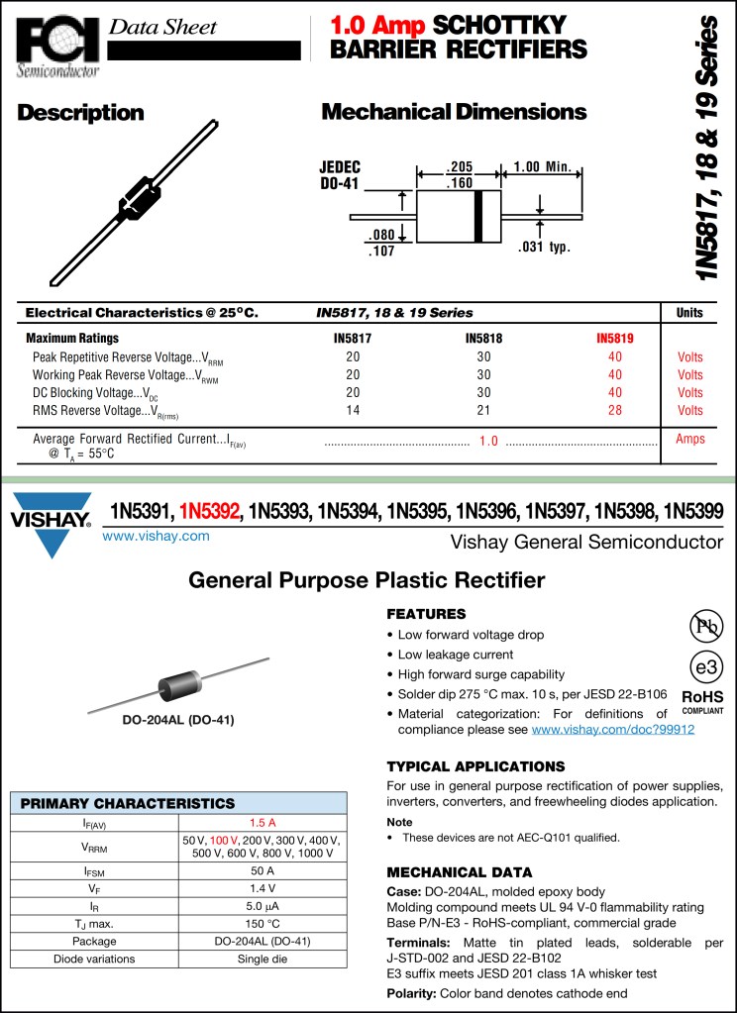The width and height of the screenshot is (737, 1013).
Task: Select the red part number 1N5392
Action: [x=210, y=512]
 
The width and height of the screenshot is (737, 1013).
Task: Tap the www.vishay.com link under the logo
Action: [x=157, y=536]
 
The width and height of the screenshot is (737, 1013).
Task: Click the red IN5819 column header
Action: [x=615, y=338]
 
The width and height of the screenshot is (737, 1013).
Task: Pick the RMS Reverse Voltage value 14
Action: [x=353, y=410]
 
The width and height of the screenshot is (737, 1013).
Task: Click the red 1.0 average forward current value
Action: [x=488, y=441]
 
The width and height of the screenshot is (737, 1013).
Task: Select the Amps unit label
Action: [x=689, y=439]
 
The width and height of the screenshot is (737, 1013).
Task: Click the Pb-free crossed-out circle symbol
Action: [x=706, y=625]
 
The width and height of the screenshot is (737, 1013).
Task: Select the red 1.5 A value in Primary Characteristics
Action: [x=263, y=822]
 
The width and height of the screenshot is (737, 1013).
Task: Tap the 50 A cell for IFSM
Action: [x=263, y=870]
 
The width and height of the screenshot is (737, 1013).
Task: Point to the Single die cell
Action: [x=263, y=959]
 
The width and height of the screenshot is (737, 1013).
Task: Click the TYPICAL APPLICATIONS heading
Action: [x=475, y=766]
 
